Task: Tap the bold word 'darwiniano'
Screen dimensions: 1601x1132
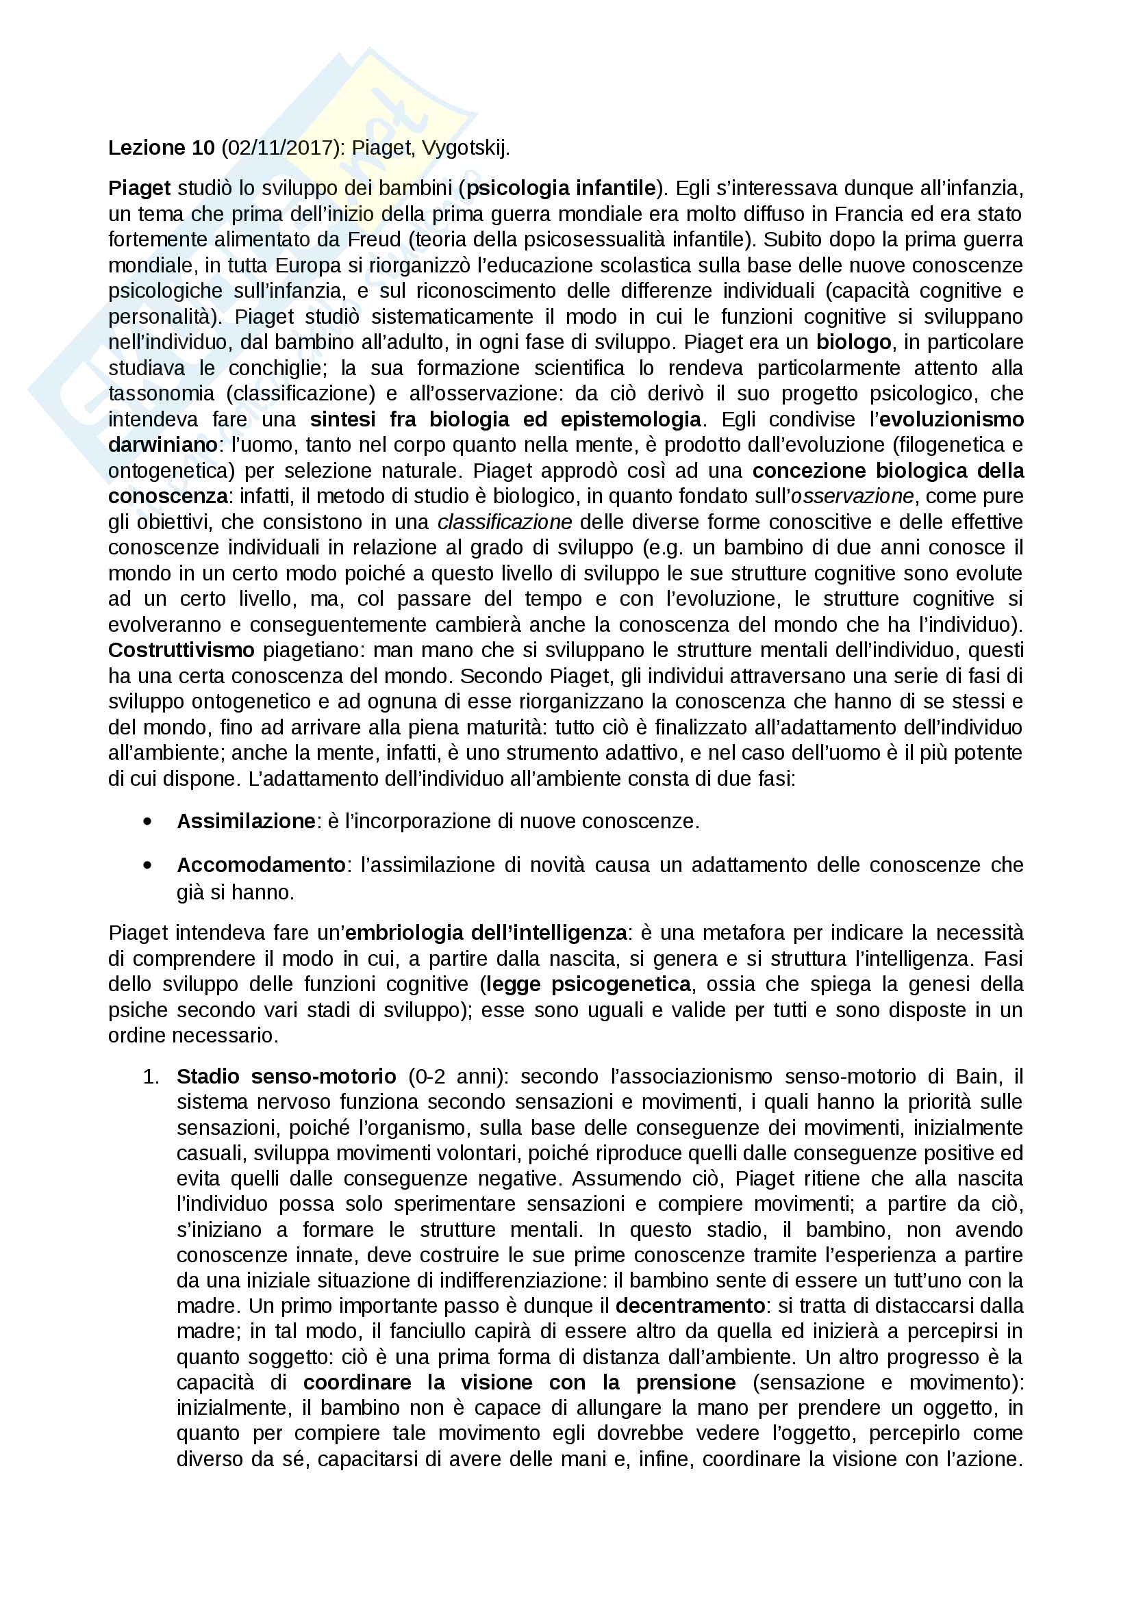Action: point(162,445)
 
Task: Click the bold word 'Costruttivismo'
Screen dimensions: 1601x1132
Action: point(181,650)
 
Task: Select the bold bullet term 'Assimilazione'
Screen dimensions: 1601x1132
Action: point(246,821)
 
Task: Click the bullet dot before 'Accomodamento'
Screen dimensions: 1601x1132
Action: point(147,865)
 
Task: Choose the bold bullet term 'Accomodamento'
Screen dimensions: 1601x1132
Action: point(261,865)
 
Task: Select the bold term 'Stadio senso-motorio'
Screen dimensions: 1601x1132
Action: point(286,1077)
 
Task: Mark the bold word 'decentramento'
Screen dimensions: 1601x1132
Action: point(690,1305)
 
